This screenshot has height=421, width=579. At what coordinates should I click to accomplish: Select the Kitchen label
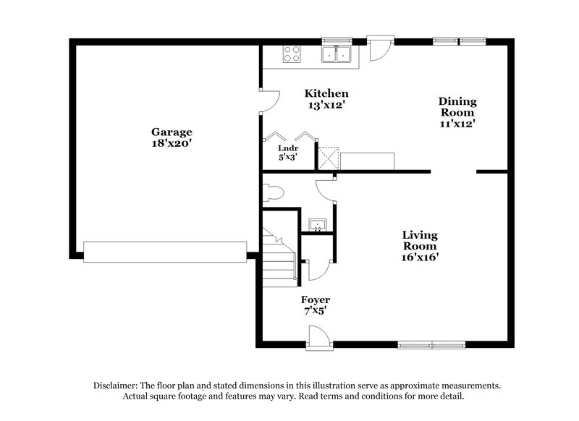point(326,93)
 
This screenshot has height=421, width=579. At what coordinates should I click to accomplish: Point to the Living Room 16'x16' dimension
point(420,256)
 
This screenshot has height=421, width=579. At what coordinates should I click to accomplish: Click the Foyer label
point(316,299)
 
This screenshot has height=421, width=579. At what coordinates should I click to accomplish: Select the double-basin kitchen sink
point(337,53)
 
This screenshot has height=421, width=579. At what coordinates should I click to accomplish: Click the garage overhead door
point(165,252)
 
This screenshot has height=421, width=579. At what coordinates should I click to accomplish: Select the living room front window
point(433,344)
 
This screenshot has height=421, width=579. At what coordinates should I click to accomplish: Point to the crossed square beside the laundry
point(329,158)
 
